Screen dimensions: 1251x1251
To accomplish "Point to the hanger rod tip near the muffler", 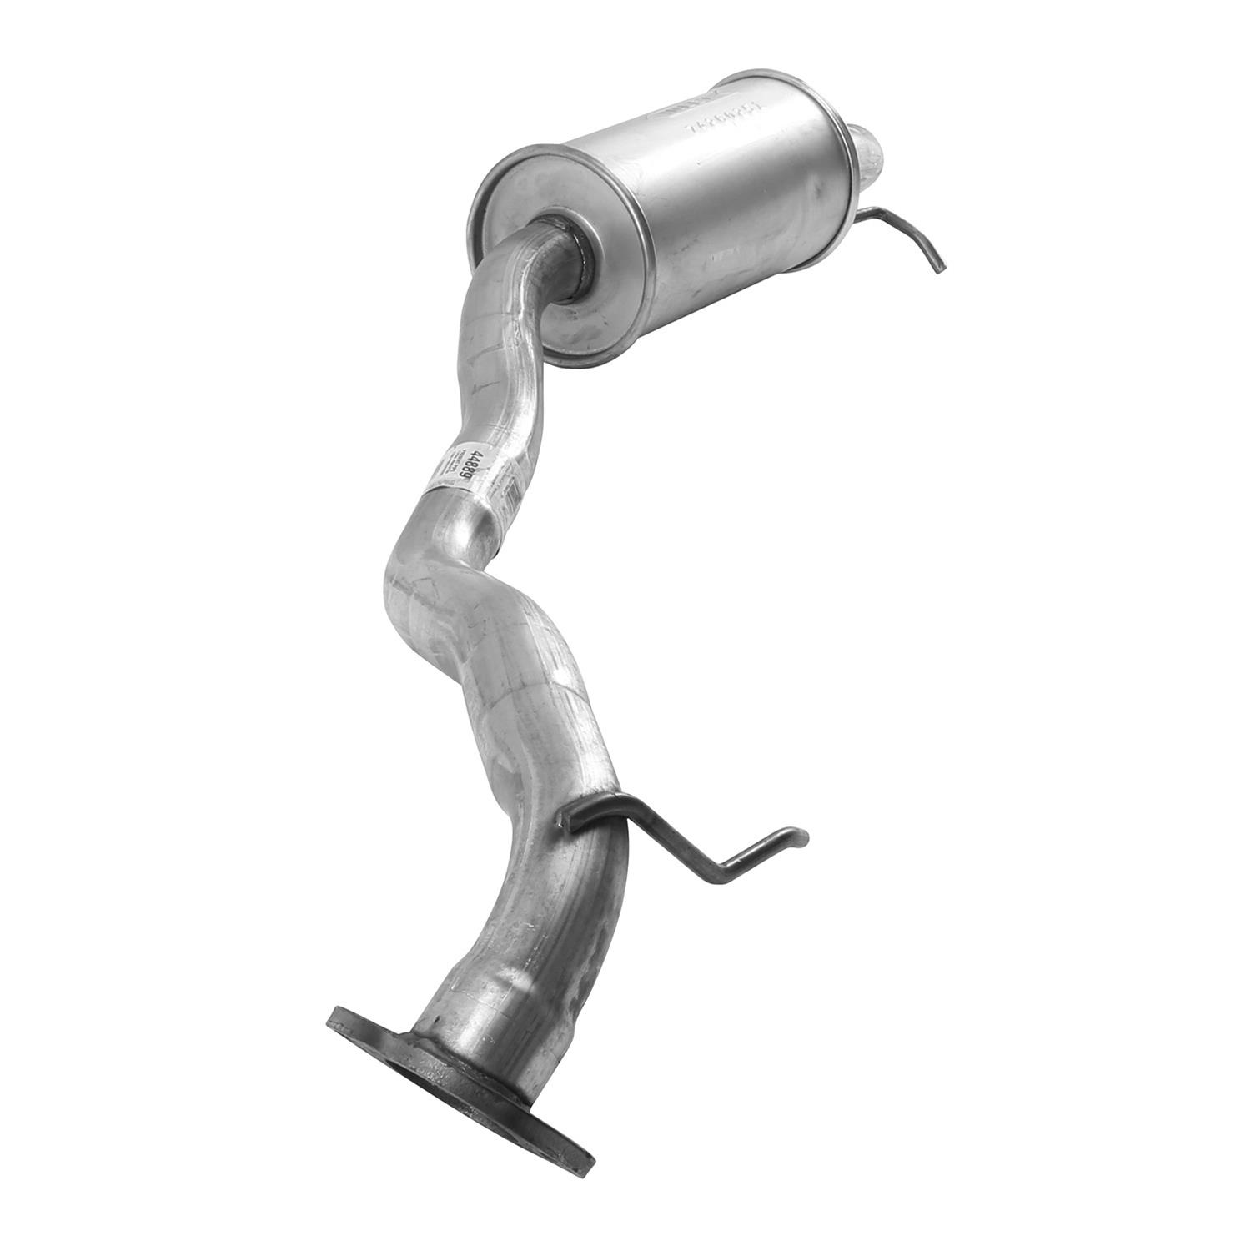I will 939,267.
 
